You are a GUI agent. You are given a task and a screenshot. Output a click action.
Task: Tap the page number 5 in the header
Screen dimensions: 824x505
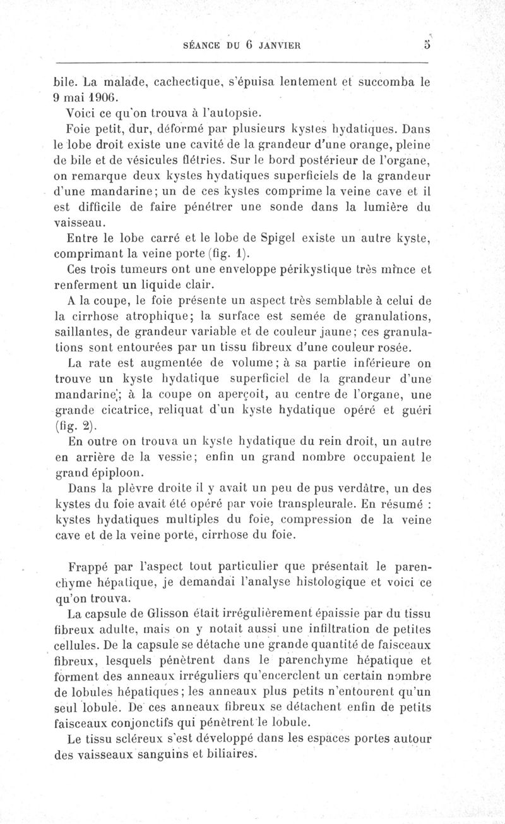pos(427,44)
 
